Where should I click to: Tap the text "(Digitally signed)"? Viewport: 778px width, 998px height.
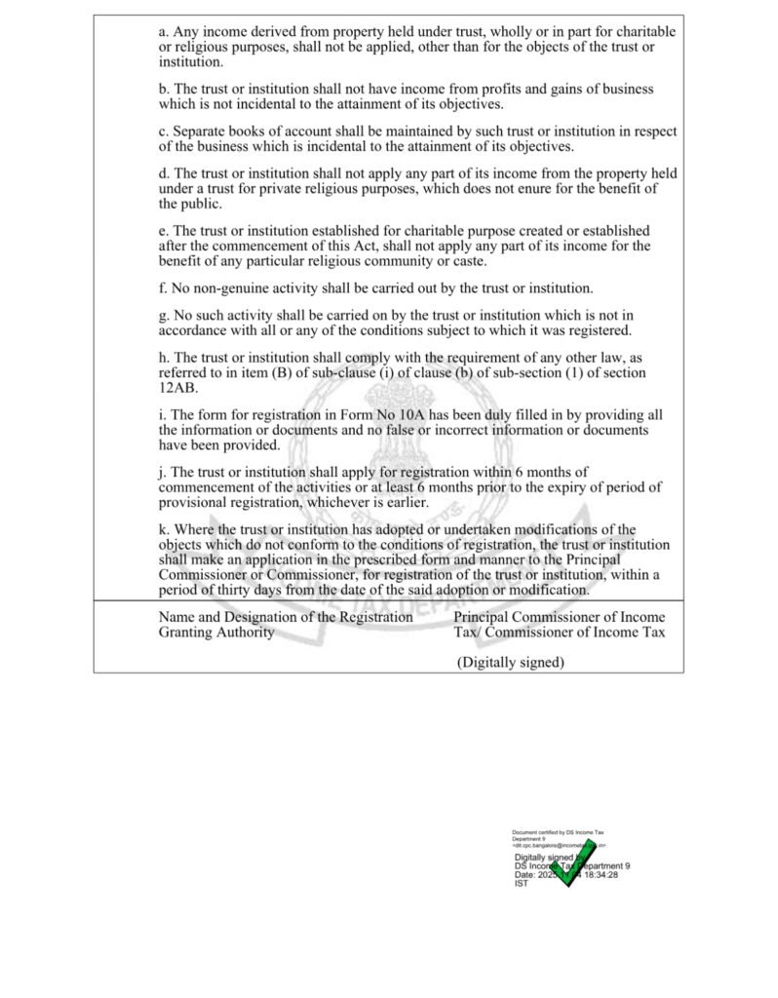click(x=510, y=663)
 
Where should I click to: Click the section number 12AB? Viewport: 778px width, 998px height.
click(x=176, y=387)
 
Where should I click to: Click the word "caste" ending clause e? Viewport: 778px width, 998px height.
click(x=464, y=261)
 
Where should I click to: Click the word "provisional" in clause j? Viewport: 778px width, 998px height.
click(x=199, y=502)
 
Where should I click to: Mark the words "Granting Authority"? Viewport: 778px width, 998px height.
click(x=216, y=632)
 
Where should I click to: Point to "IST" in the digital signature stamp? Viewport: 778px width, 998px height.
click(x=521, y=883)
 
